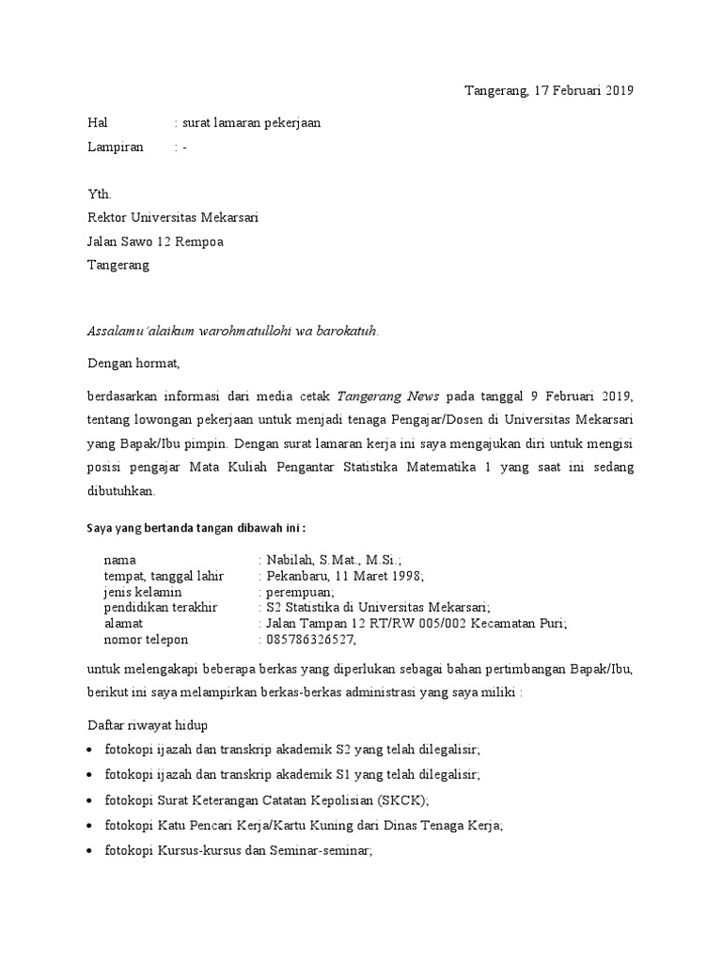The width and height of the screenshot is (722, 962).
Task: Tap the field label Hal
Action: [x=98, y=123]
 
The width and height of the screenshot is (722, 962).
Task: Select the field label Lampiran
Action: [x=116, y=147]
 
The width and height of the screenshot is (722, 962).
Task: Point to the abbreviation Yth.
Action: [x=99, y=194]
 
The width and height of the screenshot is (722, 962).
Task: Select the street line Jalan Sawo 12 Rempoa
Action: [x=155, y=241]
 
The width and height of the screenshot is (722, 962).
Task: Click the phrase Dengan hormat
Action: [x=132, y=363]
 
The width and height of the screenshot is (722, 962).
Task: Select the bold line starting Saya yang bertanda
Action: [x=196, y=527]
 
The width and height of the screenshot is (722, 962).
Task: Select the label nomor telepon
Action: [x=146, y=640]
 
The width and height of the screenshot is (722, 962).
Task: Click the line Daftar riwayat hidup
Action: [x=148, y=725]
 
